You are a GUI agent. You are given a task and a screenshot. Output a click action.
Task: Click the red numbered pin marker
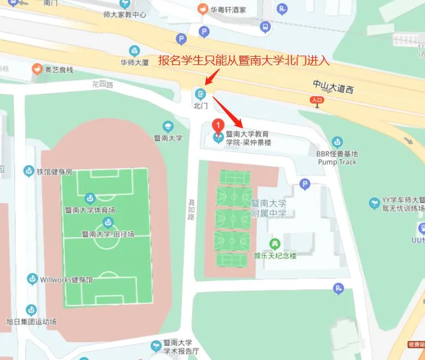(x=218, y=127)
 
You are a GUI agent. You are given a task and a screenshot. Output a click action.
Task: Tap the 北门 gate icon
(x=201, y=93)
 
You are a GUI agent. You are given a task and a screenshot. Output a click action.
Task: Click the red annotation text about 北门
(x=244, y=61)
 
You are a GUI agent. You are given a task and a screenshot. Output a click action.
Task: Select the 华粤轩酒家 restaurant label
(x=229, y=9)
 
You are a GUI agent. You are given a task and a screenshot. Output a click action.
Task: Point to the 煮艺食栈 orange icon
(x=37, y=69)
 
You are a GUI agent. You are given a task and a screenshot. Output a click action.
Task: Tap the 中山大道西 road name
(x=333, y=86)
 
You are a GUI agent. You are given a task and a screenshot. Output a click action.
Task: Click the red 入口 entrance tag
(x=316, y=100)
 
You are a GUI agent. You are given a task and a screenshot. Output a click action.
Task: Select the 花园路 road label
(x=102, y=85)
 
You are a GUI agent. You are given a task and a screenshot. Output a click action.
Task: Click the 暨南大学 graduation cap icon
(x=168, y=126)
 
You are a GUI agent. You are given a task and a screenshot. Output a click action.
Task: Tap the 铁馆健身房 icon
(x=28, y=171)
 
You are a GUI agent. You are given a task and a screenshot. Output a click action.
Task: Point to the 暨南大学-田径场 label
(x=107, y=234)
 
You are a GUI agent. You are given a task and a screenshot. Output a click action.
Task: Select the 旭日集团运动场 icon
(x=31, y=310)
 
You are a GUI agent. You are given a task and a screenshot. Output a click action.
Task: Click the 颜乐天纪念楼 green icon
(x=274, y=243)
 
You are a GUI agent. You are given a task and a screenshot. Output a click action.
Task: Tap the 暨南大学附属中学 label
(x=268, y=208)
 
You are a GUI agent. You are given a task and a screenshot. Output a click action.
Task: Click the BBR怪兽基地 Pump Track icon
(x=337, y=142)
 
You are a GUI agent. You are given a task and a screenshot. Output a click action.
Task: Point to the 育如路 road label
(x=191, y=209)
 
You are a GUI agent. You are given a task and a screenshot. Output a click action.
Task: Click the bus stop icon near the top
(x=265, y=26)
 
